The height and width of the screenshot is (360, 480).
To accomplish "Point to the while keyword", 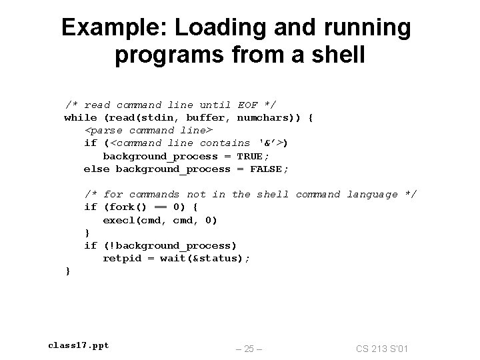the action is click(x=80, y=117).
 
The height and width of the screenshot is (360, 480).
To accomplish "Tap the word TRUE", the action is click(x=250, y=156).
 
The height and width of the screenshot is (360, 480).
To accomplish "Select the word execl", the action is click(x=119, y=220).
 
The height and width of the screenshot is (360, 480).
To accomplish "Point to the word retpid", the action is click(x=122, y=259).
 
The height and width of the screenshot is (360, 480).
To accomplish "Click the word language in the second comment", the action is click(x=372, y=194).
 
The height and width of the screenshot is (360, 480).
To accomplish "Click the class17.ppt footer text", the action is click(x=78, y=345).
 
